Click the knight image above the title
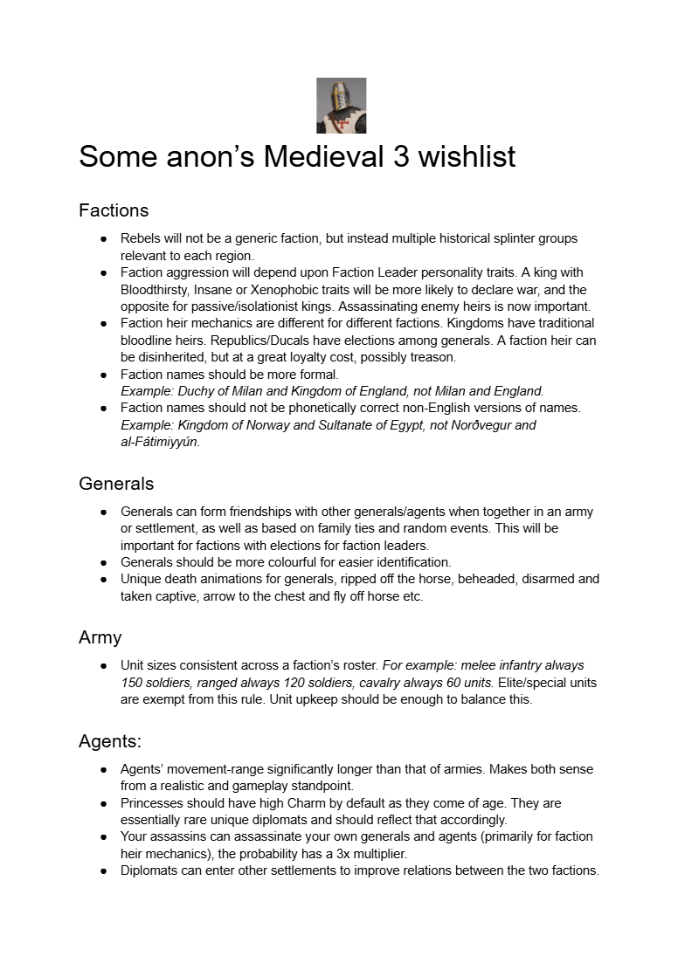tap(341, 106)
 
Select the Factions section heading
tap(114, 210)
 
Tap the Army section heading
tap(100, 638)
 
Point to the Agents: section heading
tap(110, 741)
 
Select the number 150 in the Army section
tap(133, 682)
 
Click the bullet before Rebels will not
tap(103, 238)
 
